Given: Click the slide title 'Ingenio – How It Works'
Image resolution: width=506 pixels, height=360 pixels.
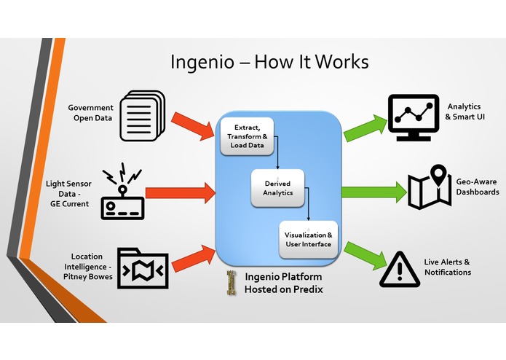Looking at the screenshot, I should click(269, 61).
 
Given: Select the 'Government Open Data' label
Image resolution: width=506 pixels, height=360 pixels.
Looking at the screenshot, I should click(91, 112).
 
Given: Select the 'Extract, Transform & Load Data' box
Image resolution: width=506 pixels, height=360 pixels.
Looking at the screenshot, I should click(247, 135).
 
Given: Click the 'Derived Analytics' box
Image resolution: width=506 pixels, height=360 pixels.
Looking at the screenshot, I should click(277, 188).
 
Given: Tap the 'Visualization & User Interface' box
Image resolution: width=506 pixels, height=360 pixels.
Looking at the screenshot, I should click(309, 240).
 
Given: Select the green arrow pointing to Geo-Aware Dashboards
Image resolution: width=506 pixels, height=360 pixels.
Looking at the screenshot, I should click(373, 192).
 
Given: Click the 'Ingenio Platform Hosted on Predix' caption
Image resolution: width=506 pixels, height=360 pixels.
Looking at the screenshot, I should click(283, 283).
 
